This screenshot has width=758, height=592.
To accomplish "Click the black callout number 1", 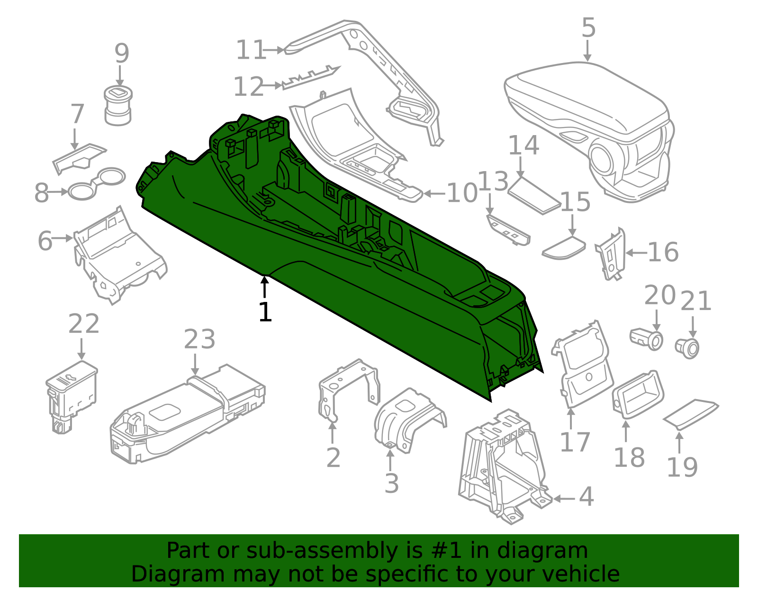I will coord(265,312).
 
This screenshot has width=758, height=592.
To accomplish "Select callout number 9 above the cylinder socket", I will coord(122,54).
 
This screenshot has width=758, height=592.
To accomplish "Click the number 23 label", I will coord(199,339).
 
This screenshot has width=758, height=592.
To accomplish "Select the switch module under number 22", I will coord(72,391).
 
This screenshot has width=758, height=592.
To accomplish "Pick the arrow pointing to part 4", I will coord(564,498).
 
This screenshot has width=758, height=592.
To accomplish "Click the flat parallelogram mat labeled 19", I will coord(691,414).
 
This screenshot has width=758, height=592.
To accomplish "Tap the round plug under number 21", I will coord(688,348).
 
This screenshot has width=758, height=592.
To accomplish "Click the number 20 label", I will coord(660,295).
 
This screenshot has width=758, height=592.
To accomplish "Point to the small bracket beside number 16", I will coord(611,255).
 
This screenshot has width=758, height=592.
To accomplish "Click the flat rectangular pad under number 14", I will coord(534,196).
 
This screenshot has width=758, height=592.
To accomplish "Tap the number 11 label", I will coord(251,50).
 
